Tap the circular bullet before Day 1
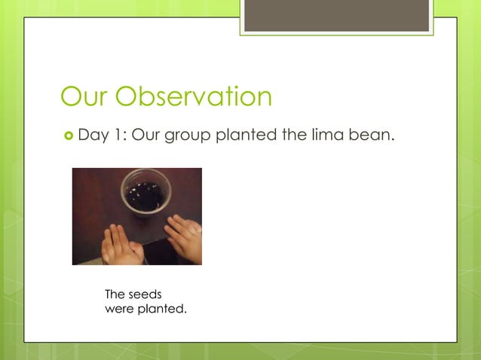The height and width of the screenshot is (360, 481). click(66, 136)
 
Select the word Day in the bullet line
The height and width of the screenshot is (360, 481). click(94, 136)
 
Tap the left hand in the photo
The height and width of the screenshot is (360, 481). click(121, 246)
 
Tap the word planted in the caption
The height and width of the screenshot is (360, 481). click(161, 309)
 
